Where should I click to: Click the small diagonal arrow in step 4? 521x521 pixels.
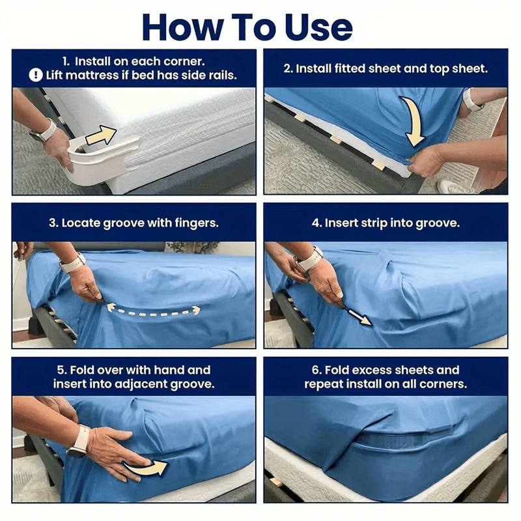point(358,317)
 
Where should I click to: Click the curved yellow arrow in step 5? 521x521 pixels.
point(145,467)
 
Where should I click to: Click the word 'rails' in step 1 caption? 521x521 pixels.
point(220,76)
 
